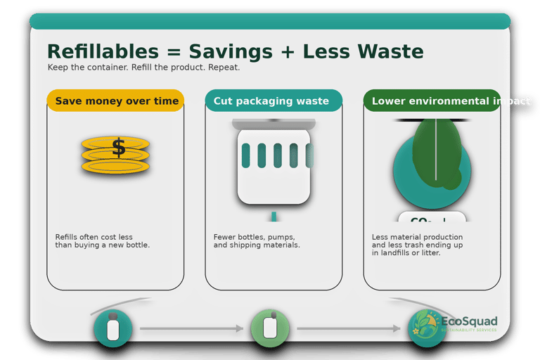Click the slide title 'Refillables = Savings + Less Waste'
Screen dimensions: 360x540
tap(235, 51)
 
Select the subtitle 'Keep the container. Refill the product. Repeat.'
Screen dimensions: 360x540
tap(143, 67)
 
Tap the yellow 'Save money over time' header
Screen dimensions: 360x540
tap(116, 101)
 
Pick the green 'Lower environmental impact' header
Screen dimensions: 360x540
tap(432, 101)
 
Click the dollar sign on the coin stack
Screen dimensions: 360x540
tap(118, 147)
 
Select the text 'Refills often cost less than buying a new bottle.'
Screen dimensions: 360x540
tap(103, 241)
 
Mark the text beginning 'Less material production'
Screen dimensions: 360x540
tap(417, 245)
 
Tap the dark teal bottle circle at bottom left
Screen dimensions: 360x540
tap(112, 328)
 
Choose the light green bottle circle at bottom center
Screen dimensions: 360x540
tap(270, 328)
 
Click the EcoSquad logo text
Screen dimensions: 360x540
tap(469, 323)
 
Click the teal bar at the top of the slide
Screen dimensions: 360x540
tap(270, 22)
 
